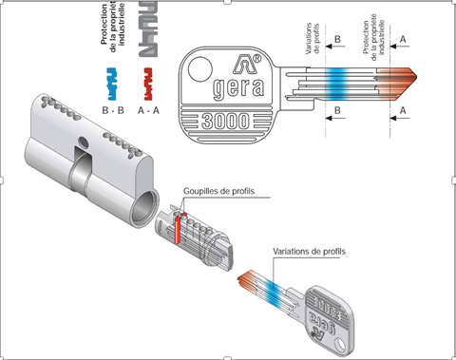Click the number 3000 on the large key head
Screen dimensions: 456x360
click(225, 121)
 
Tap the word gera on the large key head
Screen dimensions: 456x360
click(238, 87)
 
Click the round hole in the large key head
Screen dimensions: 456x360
click(200, 69)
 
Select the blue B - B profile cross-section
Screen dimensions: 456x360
click(112, 84)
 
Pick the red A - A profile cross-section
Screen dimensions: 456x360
click(148, 84)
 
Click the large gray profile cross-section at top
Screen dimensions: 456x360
click(148, 29)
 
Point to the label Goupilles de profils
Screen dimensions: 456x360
click(218, 191)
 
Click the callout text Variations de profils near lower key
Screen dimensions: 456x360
click(309, 252)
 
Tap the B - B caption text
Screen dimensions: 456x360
click(113, 110)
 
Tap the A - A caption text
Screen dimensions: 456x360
click(148, 110)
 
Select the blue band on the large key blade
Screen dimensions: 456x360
click(337, 84)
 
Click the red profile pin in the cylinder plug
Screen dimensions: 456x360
click(178, 229)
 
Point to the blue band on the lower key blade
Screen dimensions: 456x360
click(272, 294)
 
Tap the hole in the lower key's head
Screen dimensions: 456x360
click(340, 345)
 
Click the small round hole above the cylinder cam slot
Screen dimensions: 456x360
click(83, 142)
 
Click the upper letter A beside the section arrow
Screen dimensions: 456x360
click(403, 39)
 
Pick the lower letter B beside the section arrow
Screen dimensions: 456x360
click(337, 110)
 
